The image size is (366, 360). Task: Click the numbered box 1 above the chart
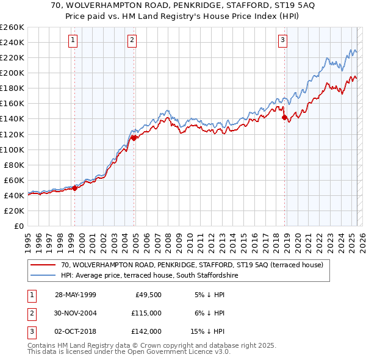pos(73,41)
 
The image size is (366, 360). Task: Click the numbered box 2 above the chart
pos(132,41)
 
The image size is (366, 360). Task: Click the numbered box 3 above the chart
pos(283,41)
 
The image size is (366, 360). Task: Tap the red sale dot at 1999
pos(75,188)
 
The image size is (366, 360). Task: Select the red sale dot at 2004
pos(134,138)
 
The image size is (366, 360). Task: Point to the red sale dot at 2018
pos(284,117)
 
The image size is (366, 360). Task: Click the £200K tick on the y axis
pos(12,73)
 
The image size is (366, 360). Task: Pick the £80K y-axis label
pos(14,165)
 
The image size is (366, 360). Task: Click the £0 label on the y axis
pos(18,226)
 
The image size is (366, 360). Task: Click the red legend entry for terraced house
pos(195,265)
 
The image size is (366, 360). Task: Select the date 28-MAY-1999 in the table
pos(75,295)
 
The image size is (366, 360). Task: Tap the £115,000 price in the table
pos(147,313)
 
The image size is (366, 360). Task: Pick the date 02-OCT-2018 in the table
pos(75,331)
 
